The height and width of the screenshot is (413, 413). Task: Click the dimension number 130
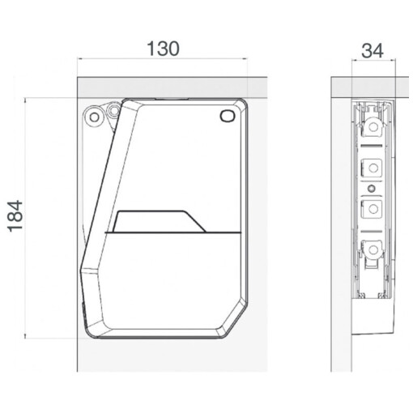coord(163,49)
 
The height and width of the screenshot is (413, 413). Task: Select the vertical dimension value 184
coord(15,216)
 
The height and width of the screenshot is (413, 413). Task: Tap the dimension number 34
coord(373,51)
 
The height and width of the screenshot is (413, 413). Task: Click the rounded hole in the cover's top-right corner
coord(228,116)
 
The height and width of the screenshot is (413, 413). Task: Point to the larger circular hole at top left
coord(94,117)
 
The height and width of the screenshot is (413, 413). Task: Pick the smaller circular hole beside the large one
coord(114,110)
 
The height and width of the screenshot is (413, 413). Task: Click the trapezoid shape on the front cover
coord(160,221)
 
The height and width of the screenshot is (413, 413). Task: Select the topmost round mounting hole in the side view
coord(373,126)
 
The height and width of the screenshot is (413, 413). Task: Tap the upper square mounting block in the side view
coord(372,168)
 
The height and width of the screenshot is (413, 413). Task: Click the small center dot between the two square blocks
coord(372,189)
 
